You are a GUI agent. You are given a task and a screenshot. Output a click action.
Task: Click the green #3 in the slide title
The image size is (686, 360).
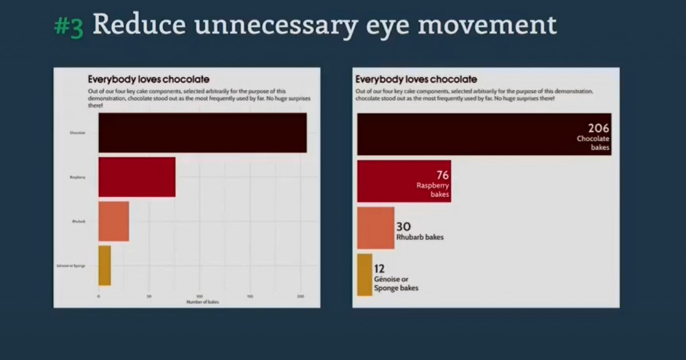68,26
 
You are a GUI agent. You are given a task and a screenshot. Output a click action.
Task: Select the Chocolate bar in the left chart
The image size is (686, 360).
202,133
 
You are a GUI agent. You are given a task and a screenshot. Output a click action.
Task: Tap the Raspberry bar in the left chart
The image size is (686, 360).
137,177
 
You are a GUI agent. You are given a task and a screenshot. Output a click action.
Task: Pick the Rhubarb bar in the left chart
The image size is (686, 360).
113,221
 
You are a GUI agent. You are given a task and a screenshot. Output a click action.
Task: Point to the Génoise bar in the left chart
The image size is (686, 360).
105,265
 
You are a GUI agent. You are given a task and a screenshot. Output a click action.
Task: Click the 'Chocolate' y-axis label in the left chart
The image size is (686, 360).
78,133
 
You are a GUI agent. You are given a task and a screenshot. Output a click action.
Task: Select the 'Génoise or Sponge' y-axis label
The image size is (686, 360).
70,266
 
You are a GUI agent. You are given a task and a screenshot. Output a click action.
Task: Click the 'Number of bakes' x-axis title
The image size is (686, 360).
203,302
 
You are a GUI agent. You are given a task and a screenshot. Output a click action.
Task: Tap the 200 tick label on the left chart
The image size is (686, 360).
300,296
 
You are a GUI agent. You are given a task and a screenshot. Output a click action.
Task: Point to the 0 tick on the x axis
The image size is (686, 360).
98,296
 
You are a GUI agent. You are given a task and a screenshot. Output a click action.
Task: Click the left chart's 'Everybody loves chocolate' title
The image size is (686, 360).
149,79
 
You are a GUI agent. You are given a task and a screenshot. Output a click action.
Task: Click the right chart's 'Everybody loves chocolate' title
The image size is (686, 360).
416,79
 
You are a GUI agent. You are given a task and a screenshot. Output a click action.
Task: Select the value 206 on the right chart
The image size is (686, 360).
598,128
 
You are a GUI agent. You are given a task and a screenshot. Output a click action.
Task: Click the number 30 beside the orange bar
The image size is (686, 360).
403,227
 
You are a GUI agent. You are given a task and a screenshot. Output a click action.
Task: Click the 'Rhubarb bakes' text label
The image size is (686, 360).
420,237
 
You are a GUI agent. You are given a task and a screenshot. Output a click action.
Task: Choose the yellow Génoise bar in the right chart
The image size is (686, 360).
364,274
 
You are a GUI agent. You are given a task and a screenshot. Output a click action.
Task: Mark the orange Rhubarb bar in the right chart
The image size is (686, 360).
375,228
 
